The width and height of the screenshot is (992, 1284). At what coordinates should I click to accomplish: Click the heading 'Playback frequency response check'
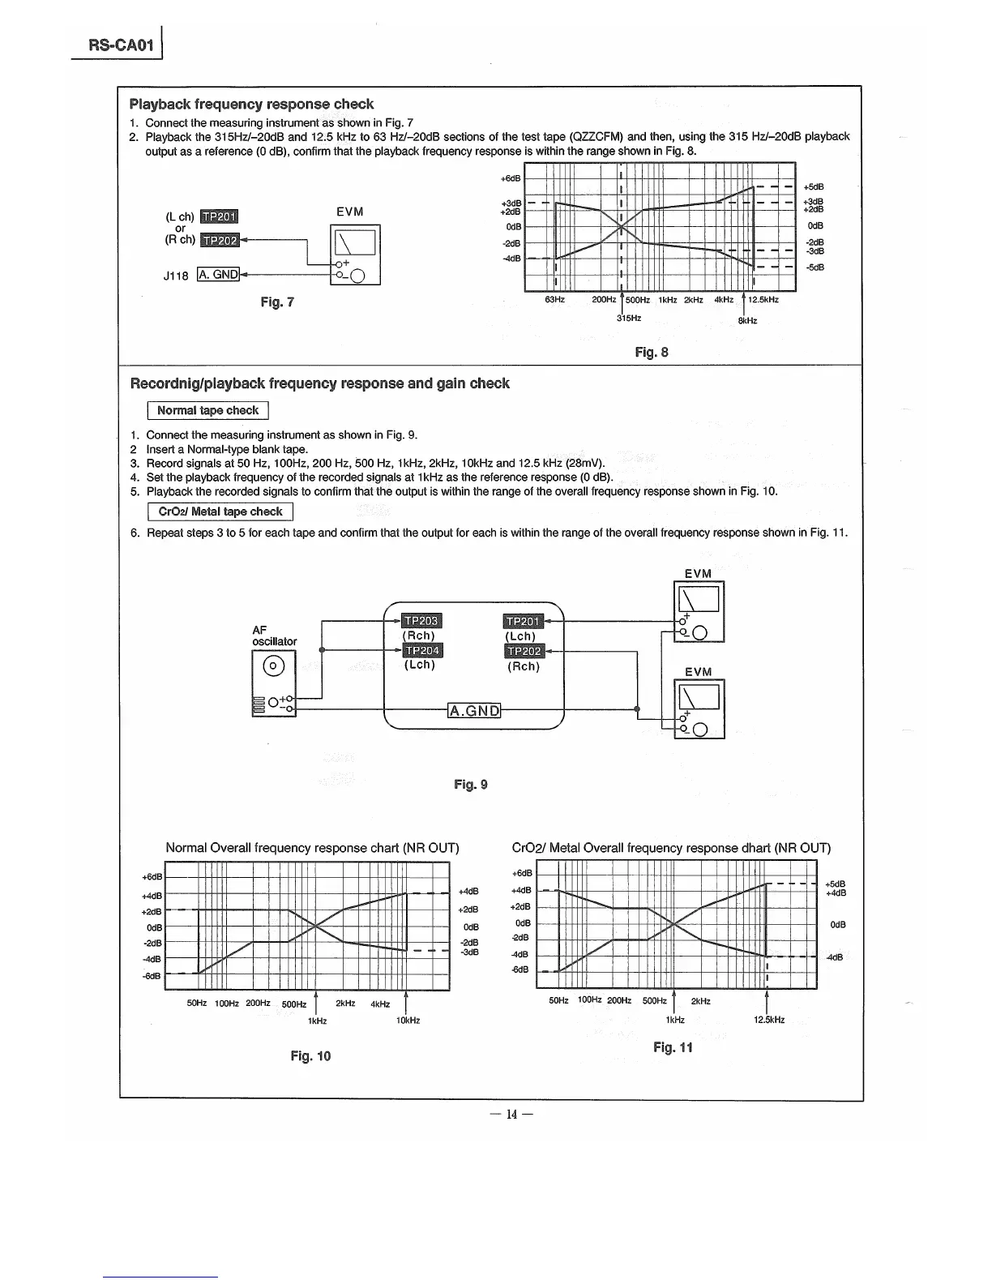pos(251,105)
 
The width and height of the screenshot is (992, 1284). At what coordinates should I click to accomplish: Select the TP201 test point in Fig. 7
pos(218,216)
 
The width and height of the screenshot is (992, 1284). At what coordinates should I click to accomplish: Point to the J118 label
pos(176,276)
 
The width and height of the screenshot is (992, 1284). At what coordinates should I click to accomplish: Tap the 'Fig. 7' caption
pos(277,302)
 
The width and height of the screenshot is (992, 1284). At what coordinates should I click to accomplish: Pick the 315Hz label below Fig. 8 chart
pos(629,319)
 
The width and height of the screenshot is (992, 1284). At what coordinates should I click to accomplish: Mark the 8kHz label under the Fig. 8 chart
pos(747,321)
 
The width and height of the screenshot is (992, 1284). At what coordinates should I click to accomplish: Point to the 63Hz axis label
pos(554,300)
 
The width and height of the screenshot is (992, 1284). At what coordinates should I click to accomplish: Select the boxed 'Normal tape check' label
pos(207,411)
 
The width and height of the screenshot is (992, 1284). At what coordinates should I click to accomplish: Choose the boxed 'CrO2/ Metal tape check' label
pos(220,512)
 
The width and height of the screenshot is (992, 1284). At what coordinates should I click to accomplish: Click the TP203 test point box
pos(421,622)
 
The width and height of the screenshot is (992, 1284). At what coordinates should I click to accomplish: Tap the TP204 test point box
pos(421,651)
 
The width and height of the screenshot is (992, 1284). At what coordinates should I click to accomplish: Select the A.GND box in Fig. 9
pos(475,711)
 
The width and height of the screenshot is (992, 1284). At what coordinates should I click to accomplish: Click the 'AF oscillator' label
pos(275,636)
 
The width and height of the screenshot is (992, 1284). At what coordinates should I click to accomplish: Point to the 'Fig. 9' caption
pos(471,785)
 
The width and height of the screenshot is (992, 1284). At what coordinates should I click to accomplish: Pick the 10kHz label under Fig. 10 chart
pos(408,1021)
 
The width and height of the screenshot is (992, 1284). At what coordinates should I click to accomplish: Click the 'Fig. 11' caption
pos(673,1048)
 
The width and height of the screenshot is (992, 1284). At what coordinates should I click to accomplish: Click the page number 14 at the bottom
pos(511,1114)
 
